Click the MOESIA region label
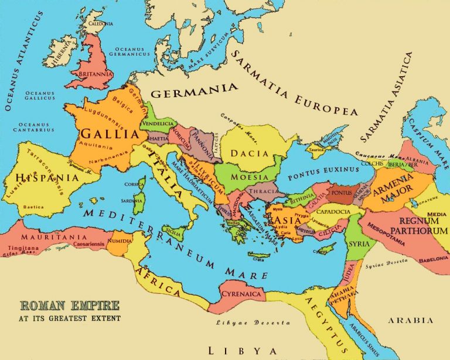tap(251, 176)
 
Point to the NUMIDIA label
tap(120, 240)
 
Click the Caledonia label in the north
tap(101, 23)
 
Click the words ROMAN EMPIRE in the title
tap(70, 306)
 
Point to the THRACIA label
tap(262, 191)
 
